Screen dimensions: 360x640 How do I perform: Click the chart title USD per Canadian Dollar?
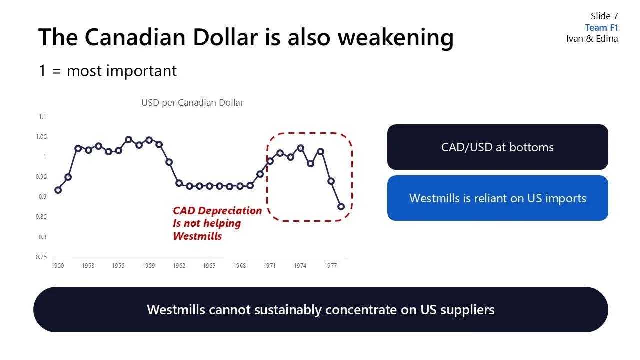192,103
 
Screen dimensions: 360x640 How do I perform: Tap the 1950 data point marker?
58,190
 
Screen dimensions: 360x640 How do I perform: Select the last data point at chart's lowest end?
341,206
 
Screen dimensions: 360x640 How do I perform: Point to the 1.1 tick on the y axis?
42,117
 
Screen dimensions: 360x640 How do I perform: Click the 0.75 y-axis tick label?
41,257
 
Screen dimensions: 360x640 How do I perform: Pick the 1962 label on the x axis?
179,266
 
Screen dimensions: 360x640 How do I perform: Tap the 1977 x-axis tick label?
330,266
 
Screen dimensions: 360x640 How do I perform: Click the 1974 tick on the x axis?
300,266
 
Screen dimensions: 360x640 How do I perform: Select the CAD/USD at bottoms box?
497,147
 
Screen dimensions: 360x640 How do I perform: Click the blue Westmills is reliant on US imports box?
497,198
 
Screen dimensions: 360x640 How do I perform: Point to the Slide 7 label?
604,16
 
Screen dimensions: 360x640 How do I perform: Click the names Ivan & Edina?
592,39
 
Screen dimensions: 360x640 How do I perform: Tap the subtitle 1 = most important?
108,71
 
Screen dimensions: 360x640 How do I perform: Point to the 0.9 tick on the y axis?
42,197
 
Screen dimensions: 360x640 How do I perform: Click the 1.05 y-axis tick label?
41,137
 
